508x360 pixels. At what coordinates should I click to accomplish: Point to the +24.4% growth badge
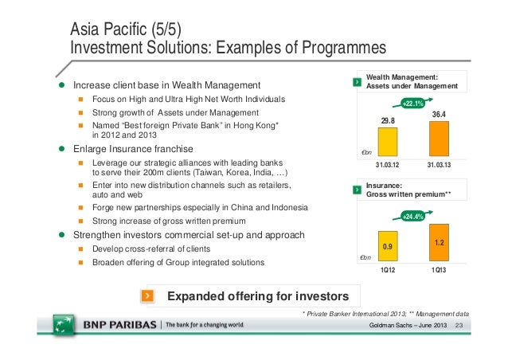412,214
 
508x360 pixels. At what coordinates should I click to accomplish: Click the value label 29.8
388,121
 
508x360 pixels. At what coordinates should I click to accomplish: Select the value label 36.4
439,115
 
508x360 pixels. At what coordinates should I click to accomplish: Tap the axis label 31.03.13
439,165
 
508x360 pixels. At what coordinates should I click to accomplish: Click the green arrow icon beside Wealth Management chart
355,82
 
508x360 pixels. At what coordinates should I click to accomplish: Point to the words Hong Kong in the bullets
256,126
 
